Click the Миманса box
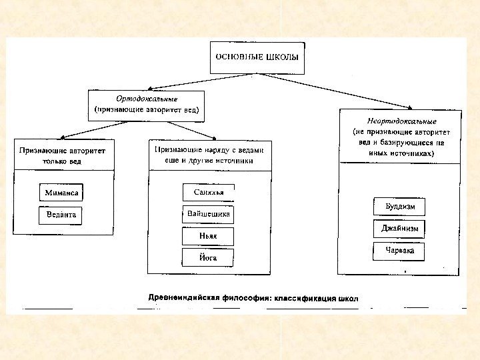(x=61, y=193)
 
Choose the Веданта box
(x=61, y=215)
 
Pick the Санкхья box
(x=209, y=193)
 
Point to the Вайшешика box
(x=209, y=214)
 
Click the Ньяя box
(x=209, y=236)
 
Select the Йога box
(x=209, y=257)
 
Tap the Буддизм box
(x=399, y=207)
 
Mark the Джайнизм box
(x=399, y=229)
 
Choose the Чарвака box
(x=399, y=251)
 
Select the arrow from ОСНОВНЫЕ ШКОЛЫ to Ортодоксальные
(x=180, y=79)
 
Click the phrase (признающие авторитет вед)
(x=147, y=108)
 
